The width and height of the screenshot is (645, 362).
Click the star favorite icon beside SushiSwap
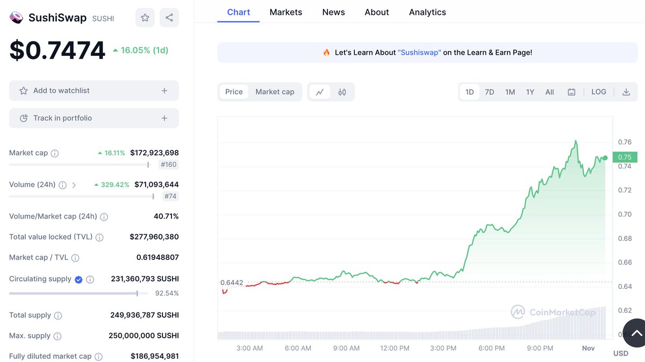pyautogui.click(x=145, y=18)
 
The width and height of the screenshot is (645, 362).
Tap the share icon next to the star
pyautogui.click(x=169, y=18)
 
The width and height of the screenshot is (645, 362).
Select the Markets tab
pyautogui.click(x=286, y=12)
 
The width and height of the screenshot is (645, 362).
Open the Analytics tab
pyautogui.click(x=427, y=12)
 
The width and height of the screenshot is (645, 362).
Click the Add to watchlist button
pyautogui.click(x=94, y=91)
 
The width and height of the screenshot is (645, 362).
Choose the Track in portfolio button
pyautogui.click(x=94, y=118)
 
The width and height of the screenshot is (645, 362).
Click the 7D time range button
pyautogui.click(x=489, y=92)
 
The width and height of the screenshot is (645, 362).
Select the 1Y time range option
pyautogui.click(x=530, y=92)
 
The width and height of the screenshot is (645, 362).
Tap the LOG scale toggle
pyautogui.click(x=599, y=92)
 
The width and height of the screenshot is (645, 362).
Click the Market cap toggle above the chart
pyautogui.click(x=275, y=92)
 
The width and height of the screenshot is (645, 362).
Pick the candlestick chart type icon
pyautogui.click(x=342, y=92)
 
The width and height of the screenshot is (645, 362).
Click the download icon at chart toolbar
pyautogui.click(x=626, y=92)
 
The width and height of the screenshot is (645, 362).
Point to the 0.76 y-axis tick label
pyautogui.click(x=625, y=142)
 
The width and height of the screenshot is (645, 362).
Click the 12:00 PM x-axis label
pyautogui.click(x=395, y=348)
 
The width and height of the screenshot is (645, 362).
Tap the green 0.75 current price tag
pyautogui.click(x=625, y=157)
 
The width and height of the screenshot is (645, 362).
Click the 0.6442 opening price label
pyautogui.click(x=232, y=283)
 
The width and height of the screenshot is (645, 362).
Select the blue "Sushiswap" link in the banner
pyautogui.click(x=419, y=53)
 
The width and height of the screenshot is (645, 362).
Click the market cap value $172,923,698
pyautogui.click(x=154, y=153)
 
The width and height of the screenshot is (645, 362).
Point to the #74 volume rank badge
pyautogui.click(x=170, y=196)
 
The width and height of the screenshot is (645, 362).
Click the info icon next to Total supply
pyautogui.click(x=58, y=316)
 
